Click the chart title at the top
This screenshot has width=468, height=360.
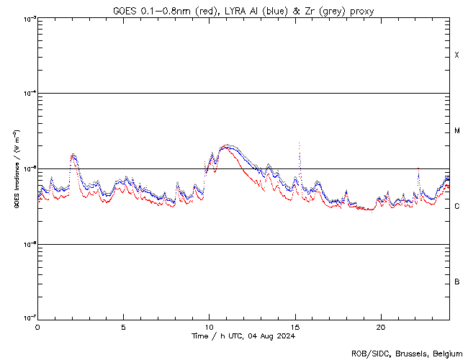[243, 10]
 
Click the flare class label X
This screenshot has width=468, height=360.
[456, 55]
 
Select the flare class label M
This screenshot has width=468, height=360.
[456, 131]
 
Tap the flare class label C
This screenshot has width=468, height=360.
[456, 207]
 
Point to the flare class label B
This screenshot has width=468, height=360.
[456, 282]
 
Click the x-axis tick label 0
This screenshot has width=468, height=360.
[37, 326]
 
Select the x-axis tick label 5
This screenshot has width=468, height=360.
[123, 326]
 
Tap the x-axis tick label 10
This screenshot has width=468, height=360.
[209, 326]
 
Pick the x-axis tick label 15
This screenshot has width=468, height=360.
[294, 326]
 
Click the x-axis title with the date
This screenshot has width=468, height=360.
[243, 336]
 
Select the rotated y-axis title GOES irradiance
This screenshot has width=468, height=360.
[16, 169]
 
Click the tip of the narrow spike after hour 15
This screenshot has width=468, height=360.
[300, 143]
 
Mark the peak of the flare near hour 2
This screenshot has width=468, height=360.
[72, 154]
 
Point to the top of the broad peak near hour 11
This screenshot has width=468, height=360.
[227, 145]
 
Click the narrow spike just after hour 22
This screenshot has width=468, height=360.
[418, 168]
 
